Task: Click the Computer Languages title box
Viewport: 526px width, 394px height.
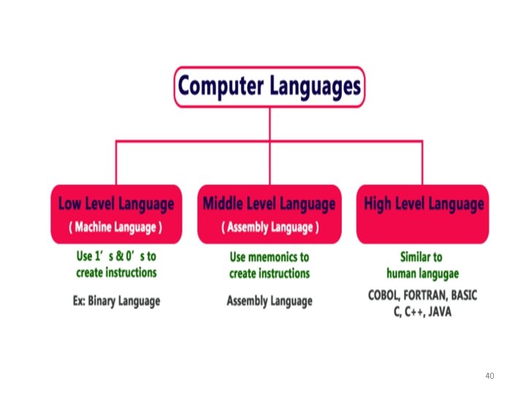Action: tap(270, 87)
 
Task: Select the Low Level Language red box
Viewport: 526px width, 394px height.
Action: tap(116, 214)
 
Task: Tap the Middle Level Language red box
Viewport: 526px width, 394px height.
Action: tap(270, 214)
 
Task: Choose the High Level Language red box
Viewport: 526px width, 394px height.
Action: tap(423, 214)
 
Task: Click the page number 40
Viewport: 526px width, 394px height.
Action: tap(489, 376)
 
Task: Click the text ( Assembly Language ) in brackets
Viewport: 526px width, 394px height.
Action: tap(270, 227)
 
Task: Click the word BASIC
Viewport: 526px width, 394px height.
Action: tap(465, 295)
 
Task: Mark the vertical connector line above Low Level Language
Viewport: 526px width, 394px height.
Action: tap(116, 162)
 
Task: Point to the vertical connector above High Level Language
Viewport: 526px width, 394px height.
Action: tap(422, 162)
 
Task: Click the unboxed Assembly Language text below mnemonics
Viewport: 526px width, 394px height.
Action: tap(270, 301)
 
